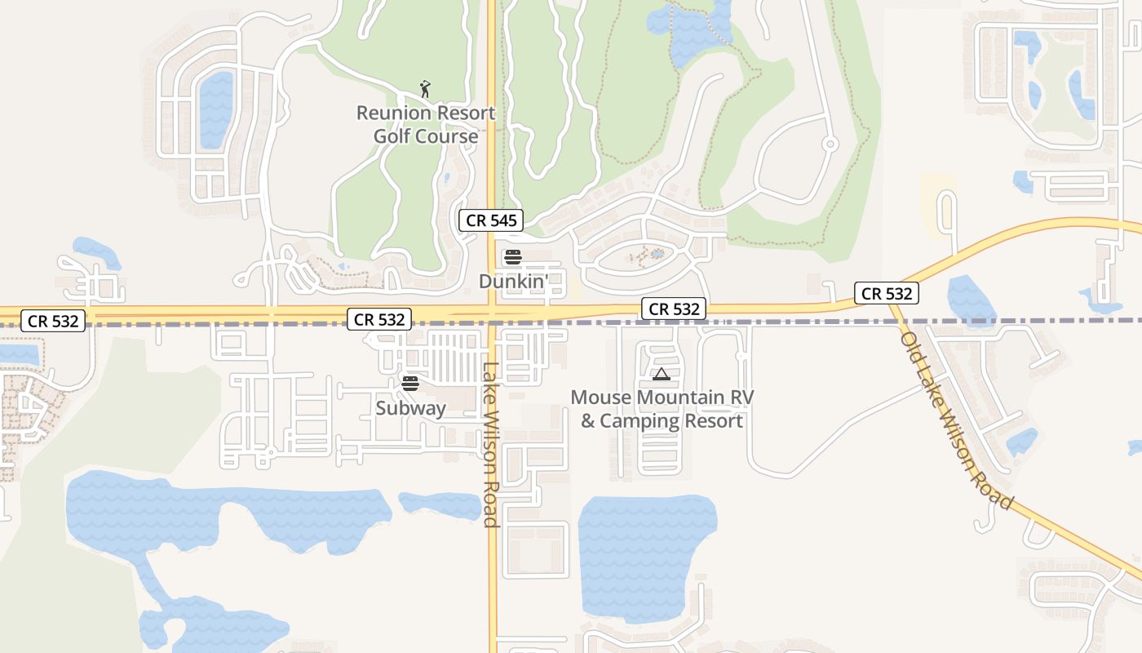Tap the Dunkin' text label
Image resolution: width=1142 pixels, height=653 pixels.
(521, 282)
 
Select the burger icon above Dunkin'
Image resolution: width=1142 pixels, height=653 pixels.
(512, 258)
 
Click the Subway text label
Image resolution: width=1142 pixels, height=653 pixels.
(410, 408)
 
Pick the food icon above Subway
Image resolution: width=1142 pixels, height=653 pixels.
(410, 384)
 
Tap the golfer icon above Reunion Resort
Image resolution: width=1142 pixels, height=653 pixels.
(424, 88)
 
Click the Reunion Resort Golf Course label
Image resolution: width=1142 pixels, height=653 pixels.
(426, 125)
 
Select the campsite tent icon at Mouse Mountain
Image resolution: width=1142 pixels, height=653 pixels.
(661, 375)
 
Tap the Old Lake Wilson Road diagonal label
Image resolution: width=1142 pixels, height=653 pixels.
(956, 421)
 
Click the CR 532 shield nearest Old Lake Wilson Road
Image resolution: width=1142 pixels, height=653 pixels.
(887, 293)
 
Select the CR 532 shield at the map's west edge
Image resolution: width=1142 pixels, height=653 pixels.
(53, 321)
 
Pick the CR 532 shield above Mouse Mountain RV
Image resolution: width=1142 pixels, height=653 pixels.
(674, 309)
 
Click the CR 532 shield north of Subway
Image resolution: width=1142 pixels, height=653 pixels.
(379, 319)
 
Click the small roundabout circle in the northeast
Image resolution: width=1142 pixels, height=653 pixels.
(830, 144)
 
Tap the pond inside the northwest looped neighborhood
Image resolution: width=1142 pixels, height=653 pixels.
(216, 109)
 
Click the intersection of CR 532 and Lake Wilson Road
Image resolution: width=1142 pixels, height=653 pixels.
(493, 312)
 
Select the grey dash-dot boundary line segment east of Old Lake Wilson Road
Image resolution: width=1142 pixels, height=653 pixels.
(1028, 321)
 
